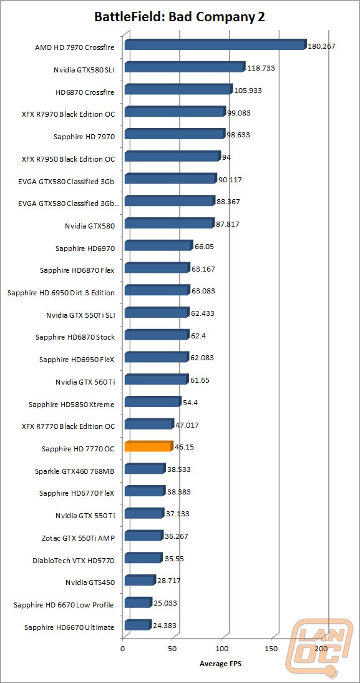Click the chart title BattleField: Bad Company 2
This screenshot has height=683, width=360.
180,17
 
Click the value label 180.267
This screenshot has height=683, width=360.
322,46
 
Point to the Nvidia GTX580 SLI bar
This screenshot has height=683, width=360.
185,67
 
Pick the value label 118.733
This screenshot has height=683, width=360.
261,68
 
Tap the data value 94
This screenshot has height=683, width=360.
226,157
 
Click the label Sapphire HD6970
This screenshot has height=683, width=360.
85,248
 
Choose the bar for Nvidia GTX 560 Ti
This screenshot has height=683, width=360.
157,380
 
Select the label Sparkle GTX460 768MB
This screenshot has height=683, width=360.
74,471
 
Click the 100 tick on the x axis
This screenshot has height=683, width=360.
222,649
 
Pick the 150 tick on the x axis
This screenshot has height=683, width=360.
271,649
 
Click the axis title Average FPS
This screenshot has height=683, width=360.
221,664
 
